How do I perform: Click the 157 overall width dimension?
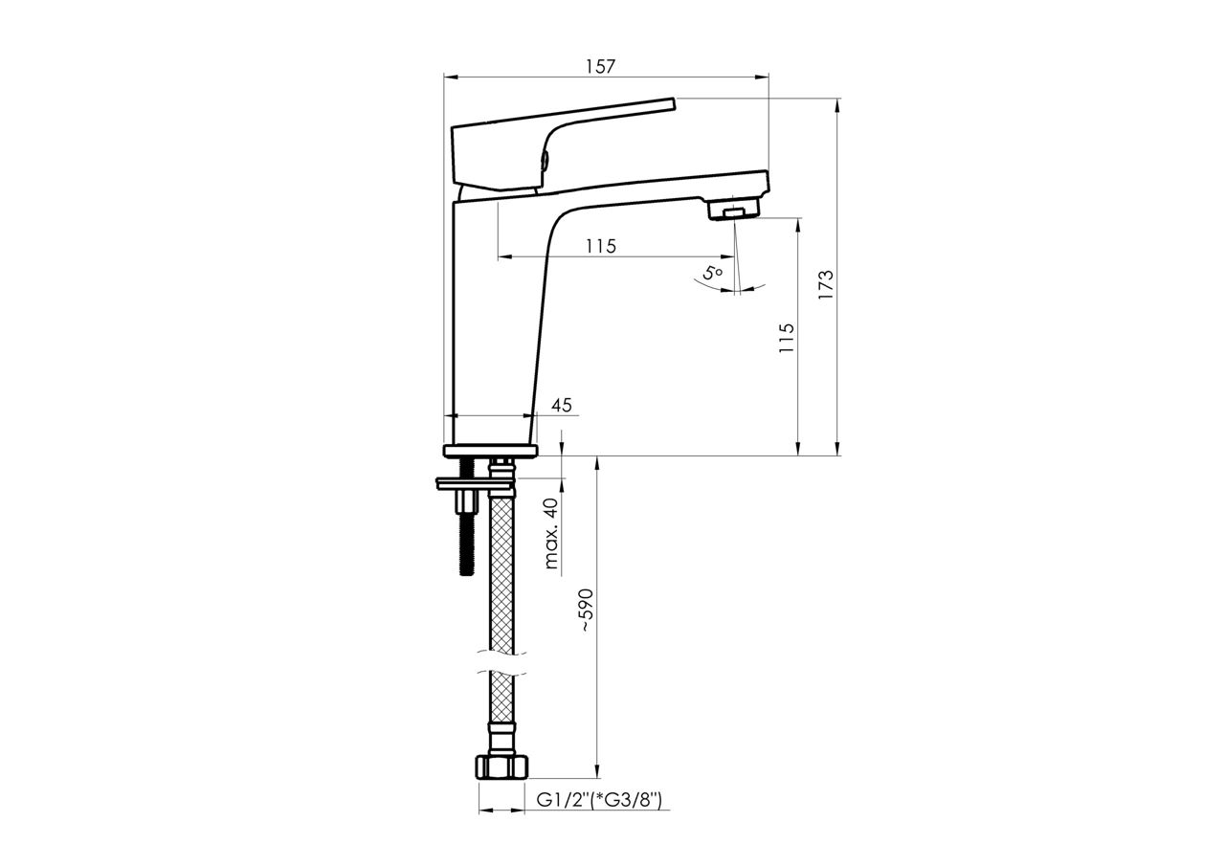[x=600, y=66]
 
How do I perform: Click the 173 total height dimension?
[x=826, y=285]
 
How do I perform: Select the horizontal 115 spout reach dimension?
[x=600, y=246]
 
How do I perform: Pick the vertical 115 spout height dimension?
[x=787, y=339]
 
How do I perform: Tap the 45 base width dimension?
[x=562, y=405]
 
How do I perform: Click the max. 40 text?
[x=552, y=534]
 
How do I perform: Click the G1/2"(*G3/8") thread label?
[x=599, y=800]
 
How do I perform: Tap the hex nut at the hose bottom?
[x=501, y=767]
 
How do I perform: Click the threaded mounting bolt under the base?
[x=466, y=536]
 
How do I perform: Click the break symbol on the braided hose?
[x=501, y=664]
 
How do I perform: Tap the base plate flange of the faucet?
[x=491, y=450]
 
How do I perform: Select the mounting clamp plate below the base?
[x=475, y=484]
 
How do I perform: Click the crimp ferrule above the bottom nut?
[x=501, y=737]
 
